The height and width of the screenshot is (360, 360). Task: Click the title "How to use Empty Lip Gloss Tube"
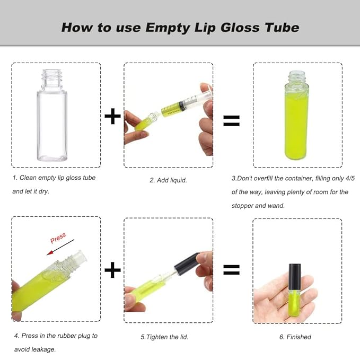[180, 27]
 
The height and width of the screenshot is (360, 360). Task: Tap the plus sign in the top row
[112, 116]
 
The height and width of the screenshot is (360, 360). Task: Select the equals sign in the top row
[231, 121]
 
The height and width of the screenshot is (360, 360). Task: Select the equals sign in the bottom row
[231, 270]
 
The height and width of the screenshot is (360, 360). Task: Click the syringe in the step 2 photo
[186, 104]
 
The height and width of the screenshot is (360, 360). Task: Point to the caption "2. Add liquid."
[168, 180]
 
